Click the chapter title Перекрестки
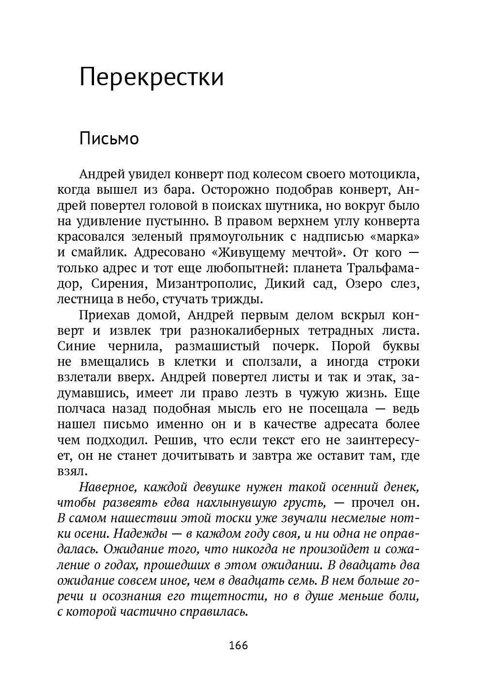151,78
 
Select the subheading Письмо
109,139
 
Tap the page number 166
238,645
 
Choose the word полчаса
79,408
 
